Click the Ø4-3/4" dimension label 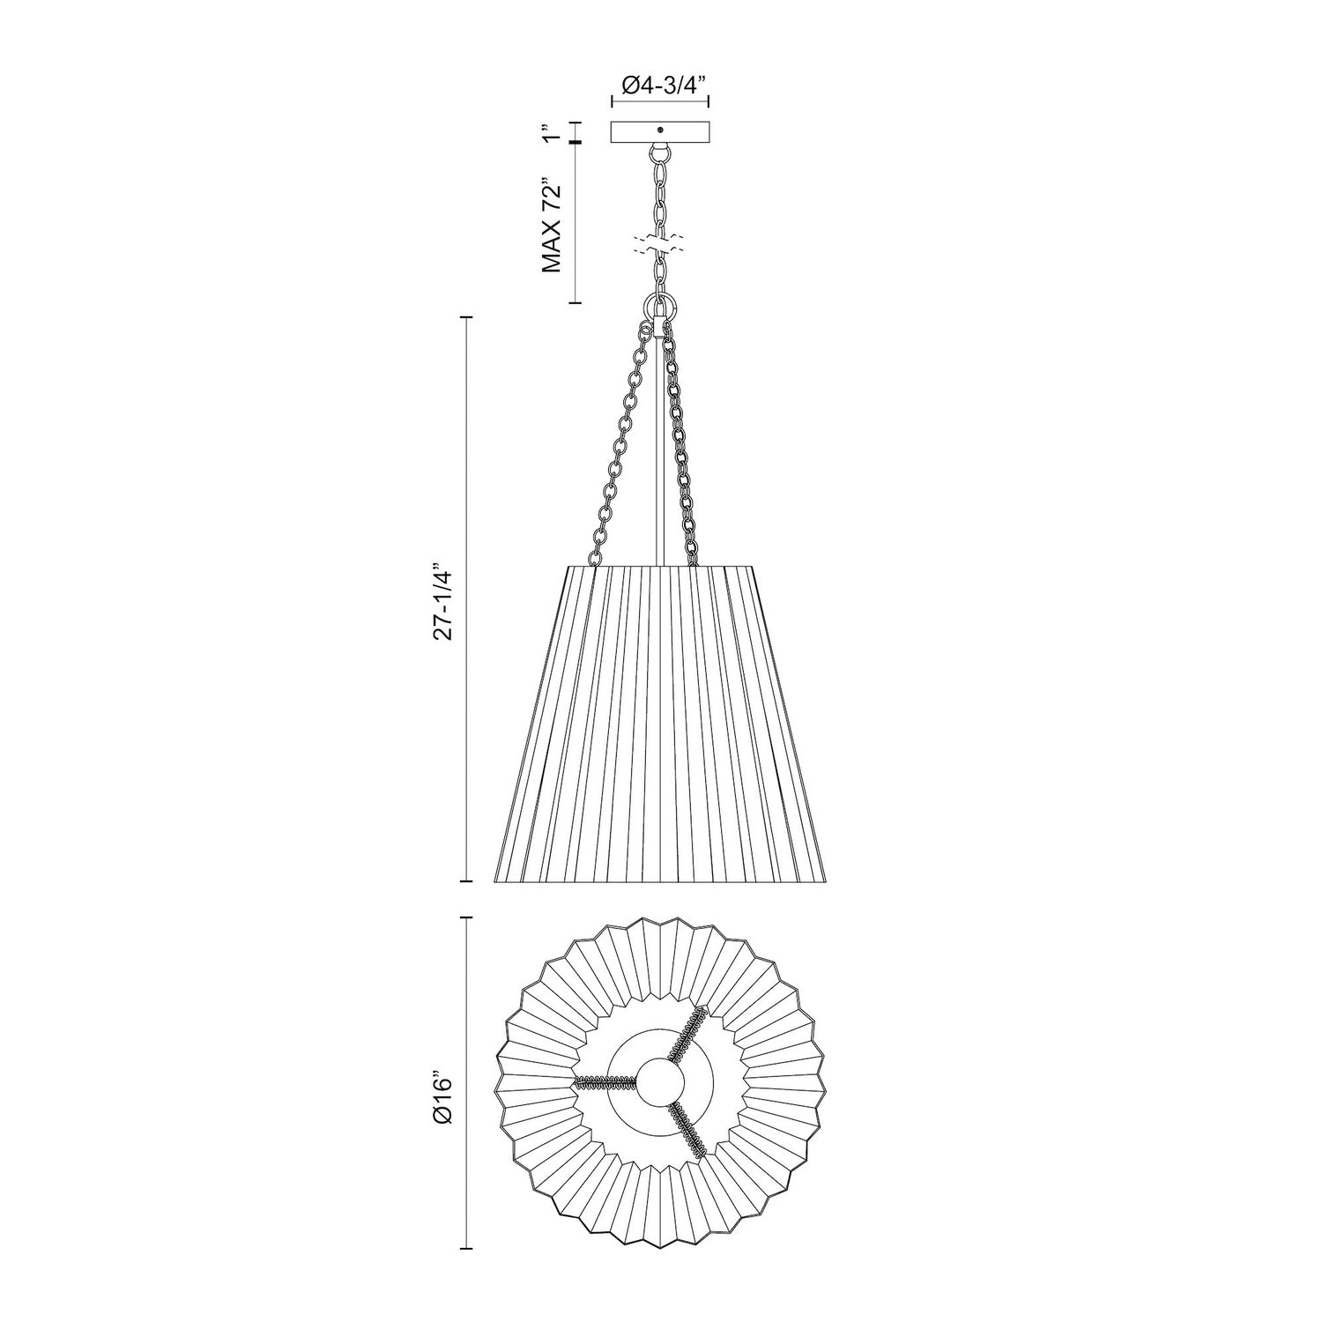click(x=660, y=85)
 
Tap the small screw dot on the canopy click(x=660, y=130)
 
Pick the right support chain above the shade click(x=680, y=449)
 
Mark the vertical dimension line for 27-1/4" click(x=466, y=599)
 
